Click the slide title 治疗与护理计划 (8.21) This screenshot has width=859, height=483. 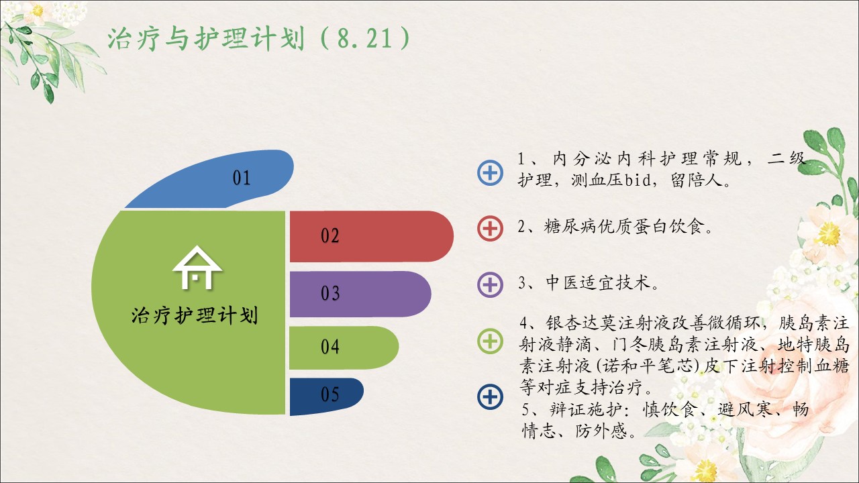click(x=259, y=38)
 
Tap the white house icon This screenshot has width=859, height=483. click(x=197, y=268)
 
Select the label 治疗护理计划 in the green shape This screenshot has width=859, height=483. click(x=195, y=315)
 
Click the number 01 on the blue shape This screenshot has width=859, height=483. click(x=242, y=178)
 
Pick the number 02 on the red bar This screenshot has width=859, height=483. click(x=330, y=235)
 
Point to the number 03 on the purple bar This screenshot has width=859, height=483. click(x=330, y=293)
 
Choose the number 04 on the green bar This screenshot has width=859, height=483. click(x=330, y=347)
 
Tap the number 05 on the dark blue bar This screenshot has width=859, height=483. click(x=330, y=394)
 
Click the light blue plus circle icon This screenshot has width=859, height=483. click(x=490, y=173)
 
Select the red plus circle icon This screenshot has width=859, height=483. click(x=490, y=229)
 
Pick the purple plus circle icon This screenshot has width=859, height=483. click(x=490, y=285)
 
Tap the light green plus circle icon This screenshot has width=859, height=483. click(x=490, y=341)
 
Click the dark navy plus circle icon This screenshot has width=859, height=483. click(x=490, y=396)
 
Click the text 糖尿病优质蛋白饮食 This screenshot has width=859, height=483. click(x=624, y=227)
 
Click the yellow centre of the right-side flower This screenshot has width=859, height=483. click(x=829, y=233)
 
